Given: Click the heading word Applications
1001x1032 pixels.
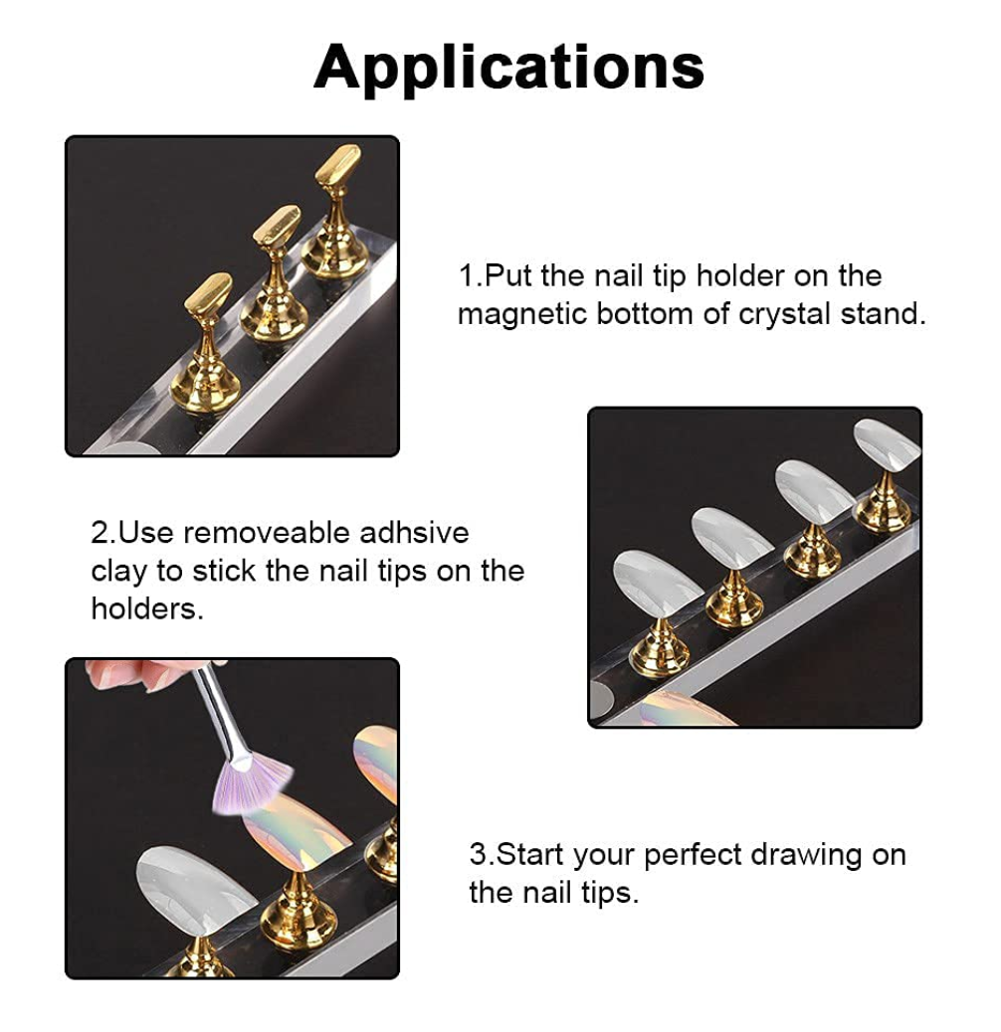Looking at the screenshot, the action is [x=508, y=68].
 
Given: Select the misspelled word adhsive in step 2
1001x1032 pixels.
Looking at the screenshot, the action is [x=414, y=533].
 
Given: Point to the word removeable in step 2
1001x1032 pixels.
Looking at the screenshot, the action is [x=266, y=533].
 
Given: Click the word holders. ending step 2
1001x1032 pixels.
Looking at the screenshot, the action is [x=147, y=608].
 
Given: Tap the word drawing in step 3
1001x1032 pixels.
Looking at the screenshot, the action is [x=806, y=856].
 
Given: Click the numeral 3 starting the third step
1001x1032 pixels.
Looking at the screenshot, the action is [x=478, y=855].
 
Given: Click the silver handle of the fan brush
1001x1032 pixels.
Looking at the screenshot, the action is [x=221, y=713].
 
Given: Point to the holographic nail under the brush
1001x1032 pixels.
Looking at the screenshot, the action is [x=298, y=826].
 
